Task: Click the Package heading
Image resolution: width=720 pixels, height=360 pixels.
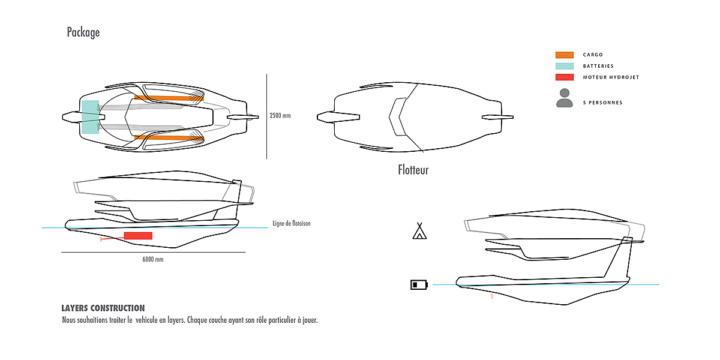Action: (83, 32)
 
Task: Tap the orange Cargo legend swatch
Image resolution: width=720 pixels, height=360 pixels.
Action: (565, 55)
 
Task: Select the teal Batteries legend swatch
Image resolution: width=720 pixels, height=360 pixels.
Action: (565, 66)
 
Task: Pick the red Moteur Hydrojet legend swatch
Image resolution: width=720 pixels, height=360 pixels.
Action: (565, 77)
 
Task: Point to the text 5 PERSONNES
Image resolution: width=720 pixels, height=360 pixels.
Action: (602, 103)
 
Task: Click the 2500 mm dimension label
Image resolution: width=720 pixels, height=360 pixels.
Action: (280, 115)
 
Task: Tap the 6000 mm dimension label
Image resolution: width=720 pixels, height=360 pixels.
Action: (153, 260)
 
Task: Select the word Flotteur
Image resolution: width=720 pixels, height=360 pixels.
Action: (413, 170)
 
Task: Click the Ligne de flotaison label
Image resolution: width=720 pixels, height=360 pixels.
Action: (291, 223)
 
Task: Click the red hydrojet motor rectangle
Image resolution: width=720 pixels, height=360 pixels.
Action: (138, 235)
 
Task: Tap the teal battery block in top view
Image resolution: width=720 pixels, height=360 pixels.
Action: (90, 116)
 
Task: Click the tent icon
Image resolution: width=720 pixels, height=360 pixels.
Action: (419, 231)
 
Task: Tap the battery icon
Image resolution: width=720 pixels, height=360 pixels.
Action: (418, 284)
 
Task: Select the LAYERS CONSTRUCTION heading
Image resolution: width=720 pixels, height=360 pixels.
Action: (103, 308)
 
